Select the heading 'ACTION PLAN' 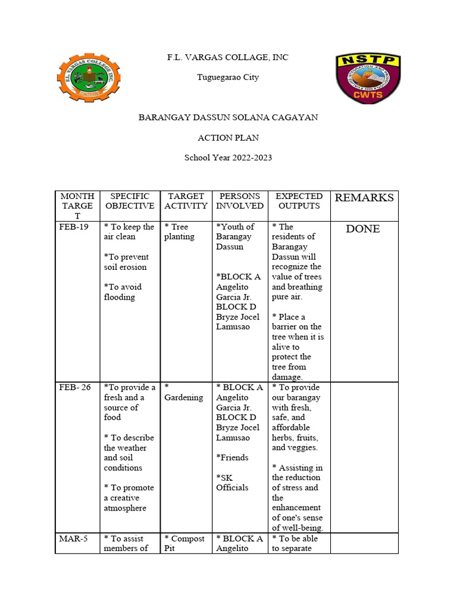[228, 138]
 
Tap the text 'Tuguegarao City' [228, 77]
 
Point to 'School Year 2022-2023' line [228, 158]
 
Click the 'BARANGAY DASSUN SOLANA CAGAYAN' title [228, 117]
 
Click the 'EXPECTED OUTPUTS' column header [299, 201]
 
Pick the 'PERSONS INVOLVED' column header [240, 201]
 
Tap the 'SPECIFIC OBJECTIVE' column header [129, 201]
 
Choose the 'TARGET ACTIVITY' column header [186, 201]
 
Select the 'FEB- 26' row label [75, 387]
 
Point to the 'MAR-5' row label [73, 539]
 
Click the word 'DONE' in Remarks [362, 229]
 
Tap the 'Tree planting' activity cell [179, 232]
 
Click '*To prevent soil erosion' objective [126, 262]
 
